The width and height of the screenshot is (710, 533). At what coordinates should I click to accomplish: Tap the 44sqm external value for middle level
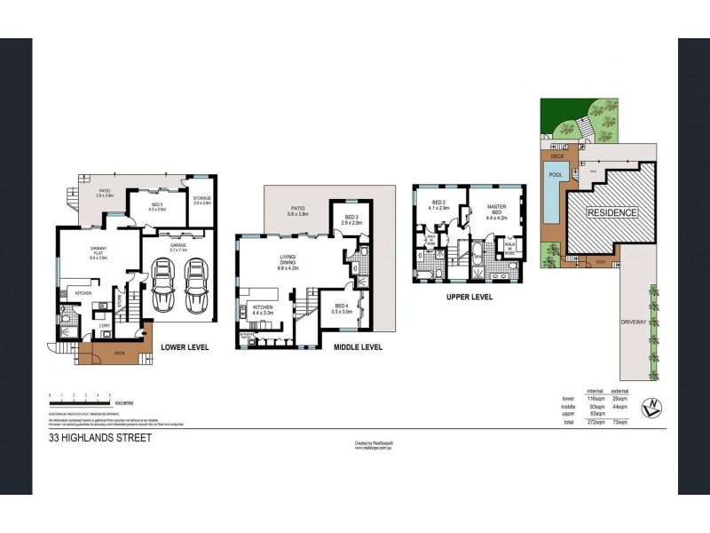620,406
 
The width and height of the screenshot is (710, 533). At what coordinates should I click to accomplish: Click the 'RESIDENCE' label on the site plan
611,213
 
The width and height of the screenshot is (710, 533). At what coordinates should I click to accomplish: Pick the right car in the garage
195,286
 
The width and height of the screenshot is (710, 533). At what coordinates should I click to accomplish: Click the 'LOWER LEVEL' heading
185,346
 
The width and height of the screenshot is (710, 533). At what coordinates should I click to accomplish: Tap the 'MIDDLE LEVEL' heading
358,347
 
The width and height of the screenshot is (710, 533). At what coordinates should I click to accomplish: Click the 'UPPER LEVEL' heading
469,298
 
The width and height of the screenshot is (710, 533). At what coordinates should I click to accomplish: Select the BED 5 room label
157,207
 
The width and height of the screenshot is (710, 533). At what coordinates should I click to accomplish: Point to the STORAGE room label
201,201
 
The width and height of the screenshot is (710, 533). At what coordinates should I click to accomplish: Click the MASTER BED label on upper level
497,210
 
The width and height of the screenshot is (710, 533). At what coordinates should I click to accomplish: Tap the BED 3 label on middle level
351,219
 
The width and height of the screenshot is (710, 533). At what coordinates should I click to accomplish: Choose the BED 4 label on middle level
341,308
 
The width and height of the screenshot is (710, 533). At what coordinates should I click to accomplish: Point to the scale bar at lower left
80,396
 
